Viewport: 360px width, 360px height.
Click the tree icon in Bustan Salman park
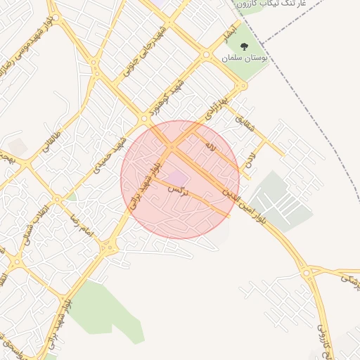244,46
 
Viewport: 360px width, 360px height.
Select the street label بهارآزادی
219,105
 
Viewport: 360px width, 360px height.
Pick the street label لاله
209,146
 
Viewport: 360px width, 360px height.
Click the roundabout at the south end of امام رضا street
108,247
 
